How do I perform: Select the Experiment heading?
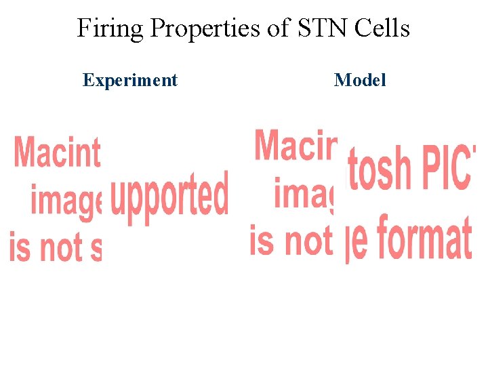coord(129,80)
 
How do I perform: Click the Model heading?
coord(360,80)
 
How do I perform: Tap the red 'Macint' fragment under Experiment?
coord(57,151)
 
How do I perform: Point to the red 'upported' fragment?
coord(169,194)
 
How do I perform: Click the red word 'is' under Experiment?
coord(20,247)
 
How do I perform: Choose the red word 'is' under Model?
coord(262,240)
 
